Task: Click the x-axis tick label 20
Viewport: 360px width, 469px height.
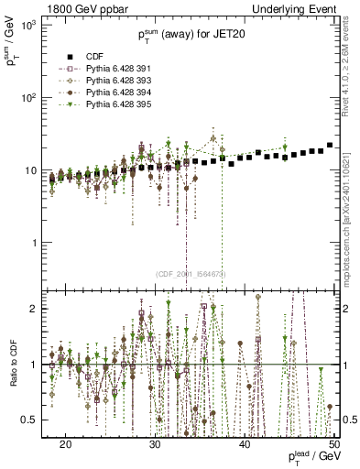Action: (x=65, y=443)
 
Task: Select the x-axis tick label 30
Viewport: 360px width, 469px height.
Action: (x=155, y=443)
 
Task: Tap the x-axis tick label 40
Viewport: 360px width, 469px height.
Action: (x=245, y=443)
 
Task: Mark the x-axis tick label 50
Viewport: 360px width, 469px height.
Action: (x=333, y=443)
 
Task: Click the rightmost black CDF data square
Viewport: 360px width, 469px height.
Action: (x=330, y=145)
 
